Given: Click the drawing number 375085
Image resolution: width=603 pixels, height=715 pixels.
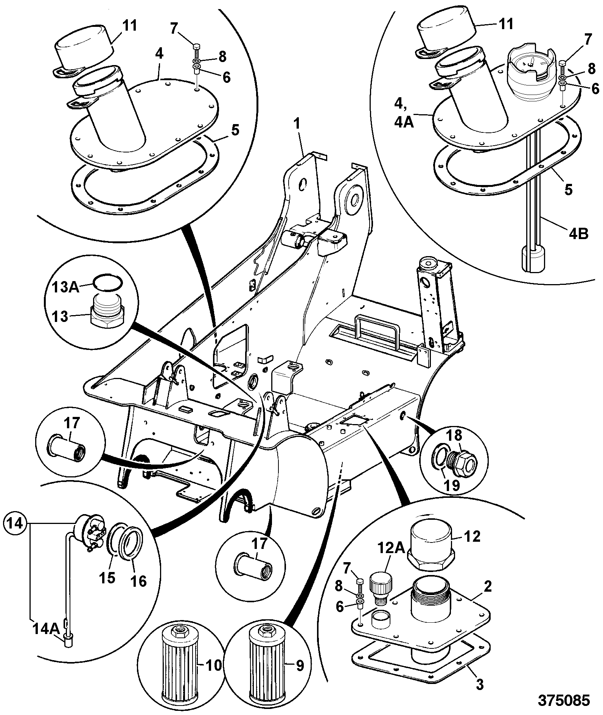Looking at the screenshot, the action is pos(564,700).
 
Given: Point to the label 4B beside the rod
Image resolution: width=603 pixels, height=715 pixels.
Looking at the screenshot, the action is pos(578,234).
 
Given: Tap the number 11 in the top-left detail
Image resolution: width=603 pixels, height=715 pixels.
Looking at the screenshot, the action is pos(129,26).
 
